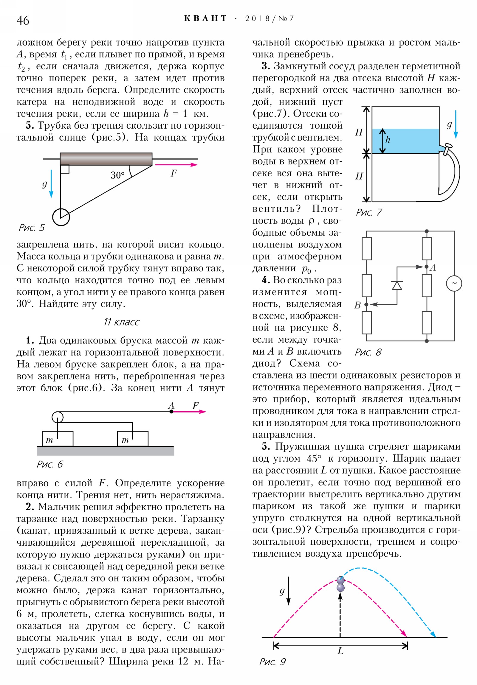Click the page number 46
coord(23,20)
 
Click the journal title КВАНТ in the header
coord(205,18)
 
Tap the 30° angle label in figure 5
coord(117,175)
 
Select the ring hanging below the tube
coord(61,217)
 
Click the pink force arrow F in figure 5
coord(176,165)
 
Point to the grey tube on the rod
coord(106,159)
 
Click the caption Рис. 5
coord(31,228)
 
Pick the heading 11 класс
coord(121,322)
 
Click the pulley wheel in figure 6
coord(57,417)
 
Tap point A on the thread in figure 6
coord(171,411)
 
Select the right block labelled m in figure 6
coord(133,439)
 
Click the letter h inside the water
coord(388,140)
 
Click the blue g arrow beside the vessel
coord(456,124)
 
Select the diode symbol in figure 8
coord(397,286)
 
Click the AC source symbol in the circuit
coord(454,283)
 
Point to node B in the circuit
coord(366,305)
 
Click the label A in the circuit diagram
coord(433,268)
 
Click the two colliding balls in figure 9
coord(340,584)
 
